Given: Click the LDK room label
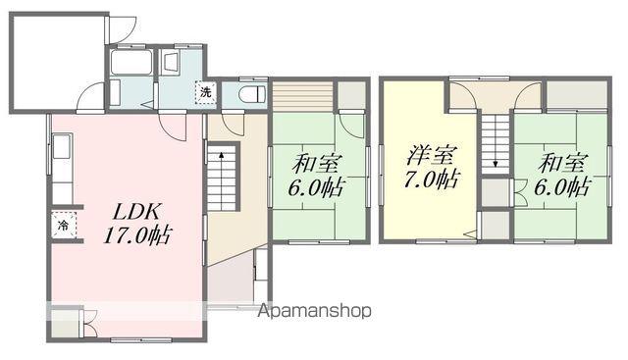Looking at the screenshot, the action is (x=137, y=212).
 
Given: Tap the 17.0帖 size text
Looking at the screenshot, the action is (x=137, y=235).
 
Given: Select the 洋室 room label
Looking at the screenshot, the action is (x=431, y=156).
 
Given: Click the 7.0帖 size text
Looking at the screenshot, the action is (x=431, y=179).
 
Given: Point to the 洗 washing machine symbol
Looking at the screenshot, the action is (x=205, y=92).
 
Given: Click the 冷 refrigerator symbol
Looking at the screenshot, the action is (x=63, y=225).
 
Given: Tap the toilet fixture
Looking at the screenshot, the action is (x=252, y=95).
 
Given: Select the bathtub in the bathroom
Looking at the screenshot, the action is (x=131, y=63).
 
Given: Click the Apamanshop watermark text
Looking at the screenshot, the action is (x=314, y=311).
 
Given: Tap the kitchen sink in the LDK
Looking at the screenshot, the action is (x=62, y=146).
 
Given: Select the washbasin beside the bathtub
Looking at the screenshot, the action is (x=172, y=63).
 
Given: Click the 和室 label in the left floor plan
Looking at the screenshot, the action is (x=317, y=164).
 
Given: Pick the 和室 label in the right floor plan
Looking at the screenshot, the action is (x=562, y=163).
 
